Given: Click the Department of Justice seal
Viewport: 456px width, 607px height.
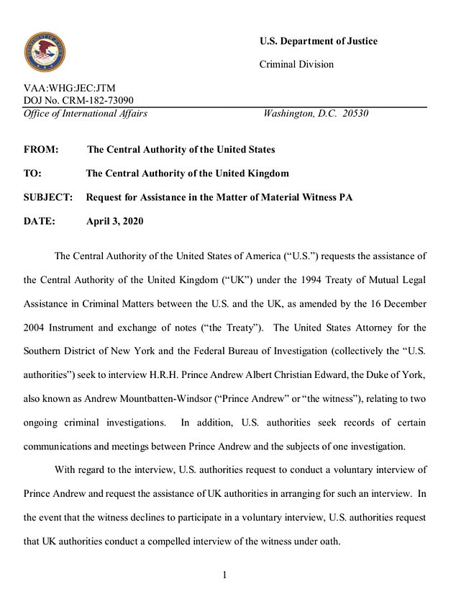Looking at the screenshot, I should (45, 52).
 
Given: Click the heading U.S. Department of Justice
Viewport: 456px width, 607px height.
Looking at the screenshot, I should (318, 41).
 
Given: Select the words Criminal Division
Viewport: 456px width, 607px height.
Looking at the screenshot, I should (296, 65).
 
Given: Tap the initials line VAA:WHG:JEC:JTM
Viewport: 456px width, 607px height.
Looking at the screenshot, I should (70, 89).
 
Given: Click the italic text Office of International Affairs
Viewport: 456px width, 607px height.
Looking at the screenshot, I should (86, 113).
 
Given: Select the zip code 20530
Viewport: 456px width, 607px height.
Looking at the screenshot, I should (356, 113).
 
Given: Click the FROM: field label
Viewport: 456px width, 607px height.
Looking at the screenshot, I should (40, 150).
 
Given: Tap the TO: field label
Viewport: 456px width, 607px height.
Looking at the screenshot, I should (33, 174).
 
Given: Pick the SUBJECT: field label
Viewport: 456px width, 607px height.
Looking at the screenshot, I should (48, 197).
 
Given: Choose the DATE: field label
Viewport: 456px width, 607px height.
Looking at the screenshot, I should (39, 221).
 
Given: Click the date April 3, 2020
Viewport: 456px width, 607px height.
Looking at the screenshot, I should (114, 221).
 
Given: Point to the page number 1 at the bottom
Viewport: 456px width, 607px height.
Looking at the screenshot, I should (224, 575).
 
